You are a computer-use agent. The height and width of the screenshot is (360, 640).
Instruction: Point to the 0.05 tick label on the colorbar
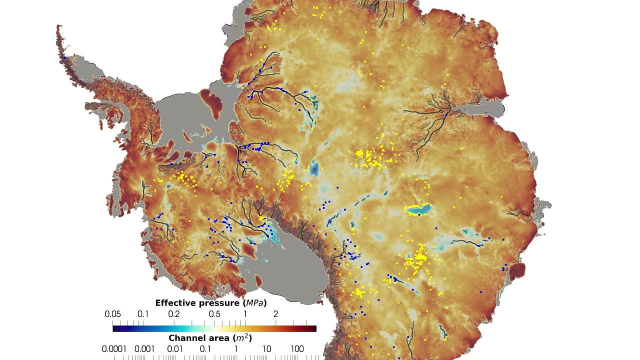(x=112, y=314)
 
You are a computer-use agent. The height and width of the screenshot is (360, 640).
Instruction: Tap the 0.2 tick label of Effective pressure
(x=173, y=314)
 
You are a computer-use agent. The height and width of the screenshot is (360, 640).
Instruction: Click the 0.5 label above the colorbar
(x=214, y=314)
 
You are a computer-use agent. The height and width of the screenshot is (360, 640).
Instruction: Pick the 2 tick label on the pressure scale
(x=275, y=314)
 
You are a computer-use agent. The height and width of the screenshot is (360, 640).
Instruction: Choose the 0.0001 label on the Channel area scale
(x=114, y=348)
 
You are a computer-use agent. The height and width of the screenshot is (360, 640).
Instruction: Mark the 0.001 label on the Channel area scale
(x=144, y=348)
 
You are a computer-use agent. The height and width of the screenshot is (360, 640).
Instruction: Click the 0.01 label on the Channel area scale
(x=174, y=348)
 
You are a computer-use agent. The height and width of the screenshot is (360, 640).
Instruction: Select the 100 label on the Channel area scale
(x=297, y=348)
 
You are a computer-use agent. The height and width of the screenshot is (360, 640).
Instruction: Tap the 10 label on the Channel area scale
(x=266, y=348)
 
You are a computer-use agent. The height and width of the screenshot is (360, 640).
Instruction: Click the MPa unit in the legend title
(x=254, y=303)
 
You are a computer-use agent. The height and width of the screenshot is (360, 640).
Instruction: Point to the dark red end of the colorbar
(x=313, y=328)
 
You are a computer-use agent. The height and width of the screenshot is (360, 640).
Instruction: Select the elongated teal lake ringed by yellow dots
(x=417, y=209)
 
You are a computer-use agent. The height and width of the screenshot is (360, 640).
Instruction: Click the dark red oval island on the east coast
(x=517, y=271)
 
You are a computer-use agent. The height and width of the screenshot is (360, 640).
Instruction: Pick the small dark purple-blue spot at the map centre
(x=314, y=169)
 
